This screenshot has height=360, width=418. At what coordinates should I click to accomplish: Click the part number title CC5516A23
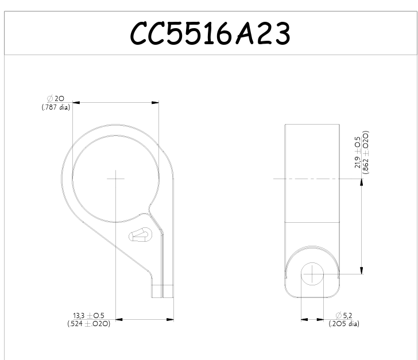coord(210,34)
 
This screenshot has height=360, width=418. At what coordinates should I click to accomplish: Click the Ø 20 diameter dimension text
coord(56,99)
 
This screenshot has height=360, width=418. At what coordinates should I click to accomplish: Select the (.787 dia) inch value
coord(56,107)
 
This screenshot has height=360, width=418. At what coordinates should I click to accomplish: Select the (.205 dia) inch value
coord(345,324)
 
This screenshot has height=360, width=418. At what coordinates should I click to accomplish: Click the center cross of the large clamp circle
coord(115,179)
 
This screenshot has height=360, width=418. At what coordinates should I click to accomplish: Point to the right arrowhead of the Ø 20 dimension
coord(155,103)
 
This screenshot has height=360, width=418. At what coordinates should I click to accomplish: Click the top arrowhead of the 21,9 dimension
coord(361,183)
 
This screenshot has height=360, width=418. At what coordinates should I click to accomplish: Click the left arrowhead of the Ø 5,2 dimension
coord(305,319)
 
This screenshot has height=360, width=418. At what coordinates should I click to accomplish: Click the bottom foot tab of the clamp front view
coord(162,291)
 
